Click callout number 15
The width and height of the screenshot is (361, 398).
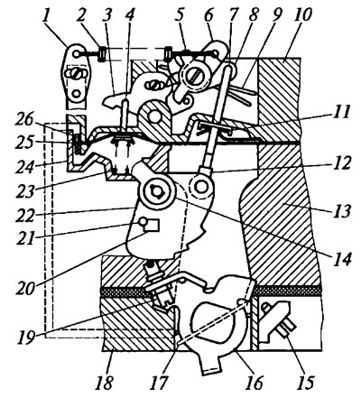pos(305,383)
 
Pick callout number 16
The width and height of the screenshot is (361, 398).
pos(253,383)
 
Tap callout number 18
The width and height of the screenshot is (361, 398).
pos(104,383)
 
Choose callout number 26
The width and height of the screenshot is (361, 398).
pos(24,121)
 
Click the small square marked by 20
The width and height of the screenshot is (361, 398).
pos(152,225)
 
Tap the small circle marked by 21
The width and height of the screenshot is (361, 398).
pos(143,222)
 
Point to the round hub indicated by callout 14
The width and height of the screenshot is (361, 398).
pos(157,191)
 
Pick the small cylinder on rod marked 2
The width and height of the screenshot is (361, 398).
pos(102,54)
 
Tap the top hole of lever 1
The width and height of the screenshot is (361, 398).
pos(78,54)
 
